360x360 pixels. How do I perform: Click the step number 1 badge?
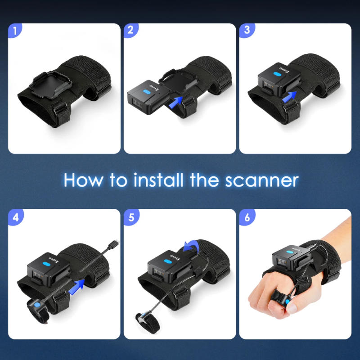coord(15,31)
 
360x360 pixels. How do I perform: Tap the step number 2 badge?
coord(130,31)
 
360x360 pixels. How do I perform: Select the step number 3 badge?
coord(246,31)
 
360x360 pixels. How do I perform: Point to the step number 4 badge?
coord(15,217)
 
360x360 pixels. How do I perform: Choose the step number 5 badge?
coord(130,217)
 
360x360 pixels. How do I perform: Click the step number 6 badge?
coord(246,217)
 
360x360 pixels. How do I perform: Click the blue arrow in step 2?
coord(177,102)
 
